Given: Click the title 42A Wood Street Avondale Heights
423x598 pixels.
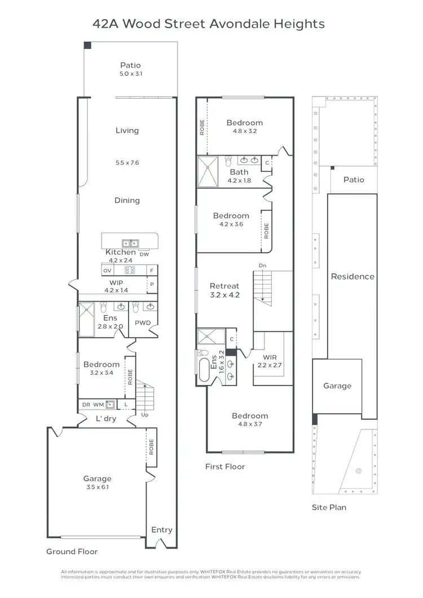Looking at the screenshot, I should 209,24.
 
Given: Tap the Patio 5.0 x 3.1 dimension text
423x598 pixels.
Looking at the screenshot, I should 130,74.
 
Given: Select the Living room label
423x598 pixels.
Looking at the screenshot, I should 127,130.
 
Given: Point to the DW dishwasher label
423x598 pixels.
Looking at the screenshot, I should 144,254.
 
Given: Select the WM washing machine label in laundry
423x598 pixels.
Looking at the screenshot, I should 98,405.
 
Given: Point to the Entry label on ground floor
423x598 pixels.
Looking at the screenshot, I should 161,530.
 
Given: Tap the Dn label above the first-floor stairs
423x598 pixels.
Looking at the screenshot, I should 262,265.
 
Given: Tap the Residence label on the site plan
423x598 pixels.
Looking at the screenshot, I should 352,276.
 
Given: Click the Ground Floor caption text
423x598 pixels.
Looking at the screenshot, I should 72,552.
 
